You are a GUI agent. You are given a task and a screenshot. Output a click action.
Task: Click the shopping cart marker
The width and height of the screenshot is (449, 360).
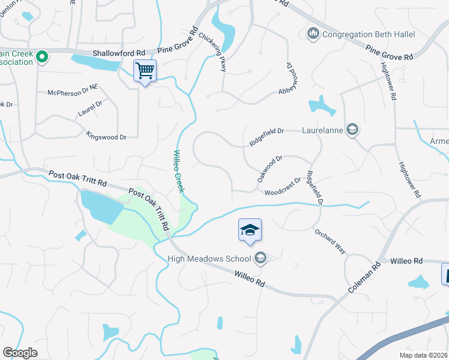[145, 71]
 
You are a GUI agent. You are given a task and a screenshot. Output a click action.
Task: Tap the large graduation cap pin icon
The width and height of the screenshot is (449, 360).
[250, 230]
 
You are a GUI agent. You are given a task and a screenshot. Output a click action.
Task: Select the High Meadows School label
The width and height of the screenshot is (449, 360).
[209, 259]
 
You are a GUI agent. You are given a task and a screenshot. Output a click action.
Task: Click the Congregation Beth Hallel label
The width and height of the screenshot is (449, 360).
[369, 34]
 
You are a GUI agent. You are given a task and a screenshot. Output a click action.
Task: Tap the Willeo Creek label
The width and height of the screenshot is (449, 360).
[179, 171]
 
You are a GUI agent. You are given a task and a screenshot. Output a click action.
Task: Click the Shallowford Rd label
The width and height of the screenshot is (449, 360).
[119, 53]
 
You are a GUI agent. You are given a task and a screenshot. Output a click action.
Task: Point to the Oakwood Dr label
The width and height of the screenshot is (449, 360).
[270, 169]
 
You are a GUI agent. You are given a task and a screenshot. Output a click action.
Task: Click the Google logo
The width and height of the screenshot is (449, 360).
[20, 353]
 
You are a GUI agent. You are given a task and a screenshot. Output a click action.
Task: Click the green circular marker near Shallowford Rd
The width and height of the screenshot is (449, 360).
[42, 58]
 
